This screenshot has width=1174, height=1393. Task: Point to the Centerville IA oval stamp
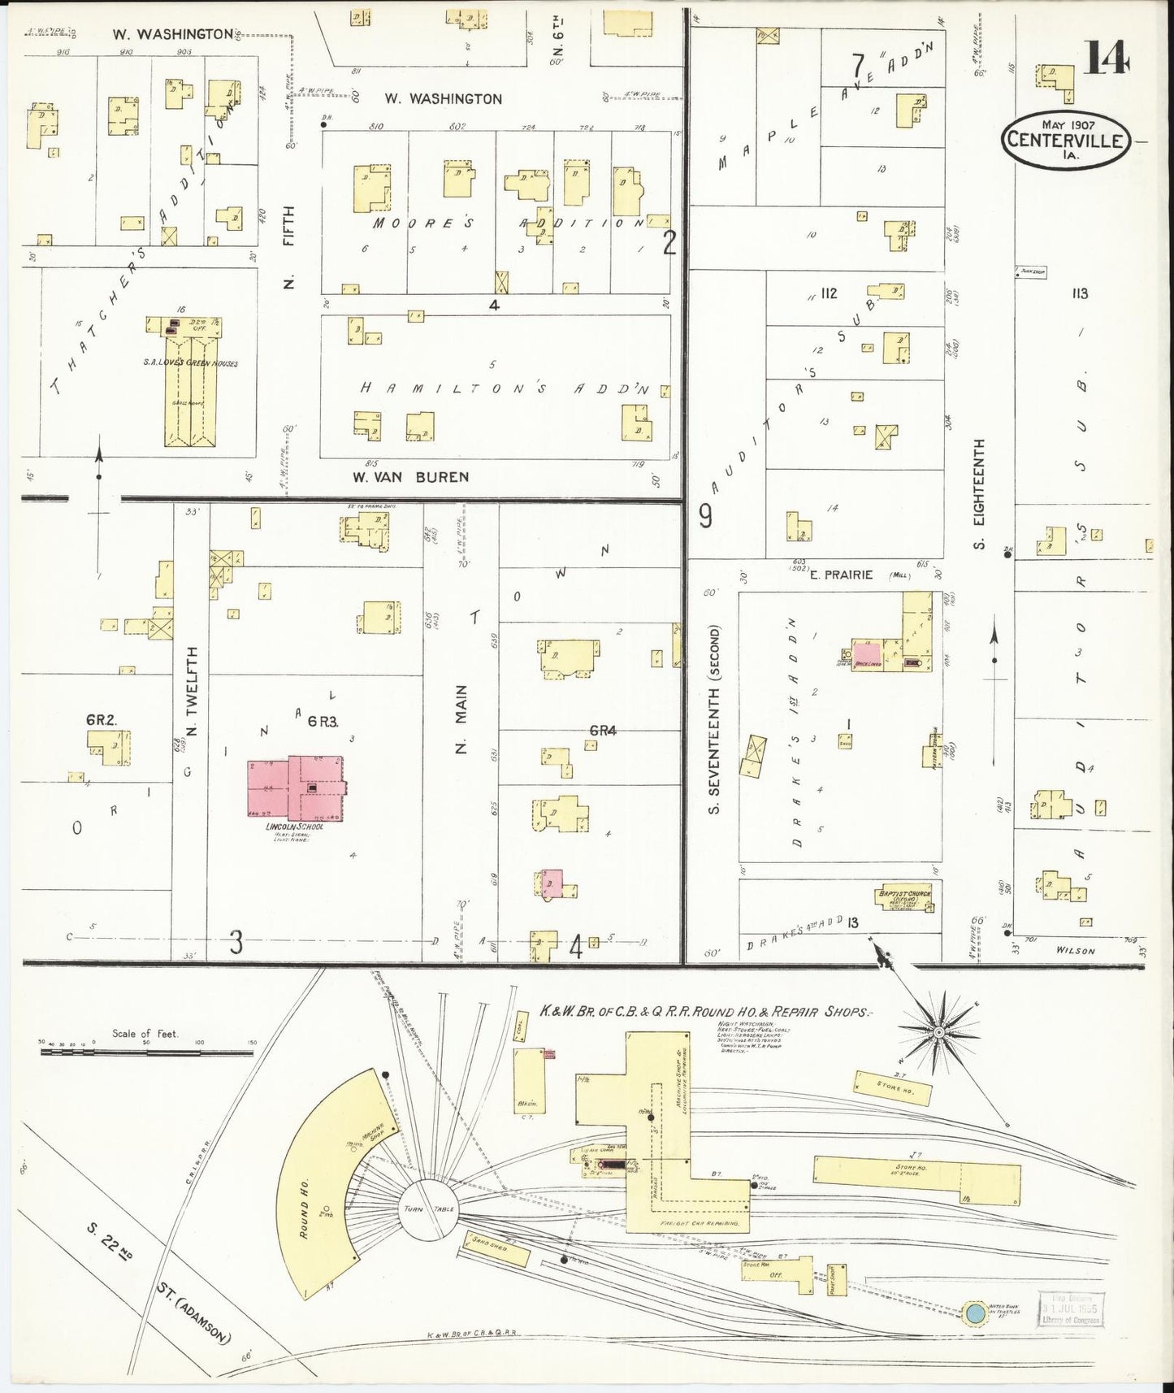click(1065, 141)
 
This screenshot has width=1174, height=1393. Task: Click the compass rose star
click(938, 1032)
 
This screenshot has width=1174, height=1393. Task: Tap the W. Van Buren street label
click(410, 476)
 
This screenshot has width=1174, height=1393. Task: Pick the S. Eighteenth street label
click(979, 493)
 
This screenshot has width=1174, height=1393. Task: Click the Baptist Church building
click(903, 896)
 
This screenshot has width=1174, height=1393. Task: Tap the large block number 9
click(705, 517)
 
